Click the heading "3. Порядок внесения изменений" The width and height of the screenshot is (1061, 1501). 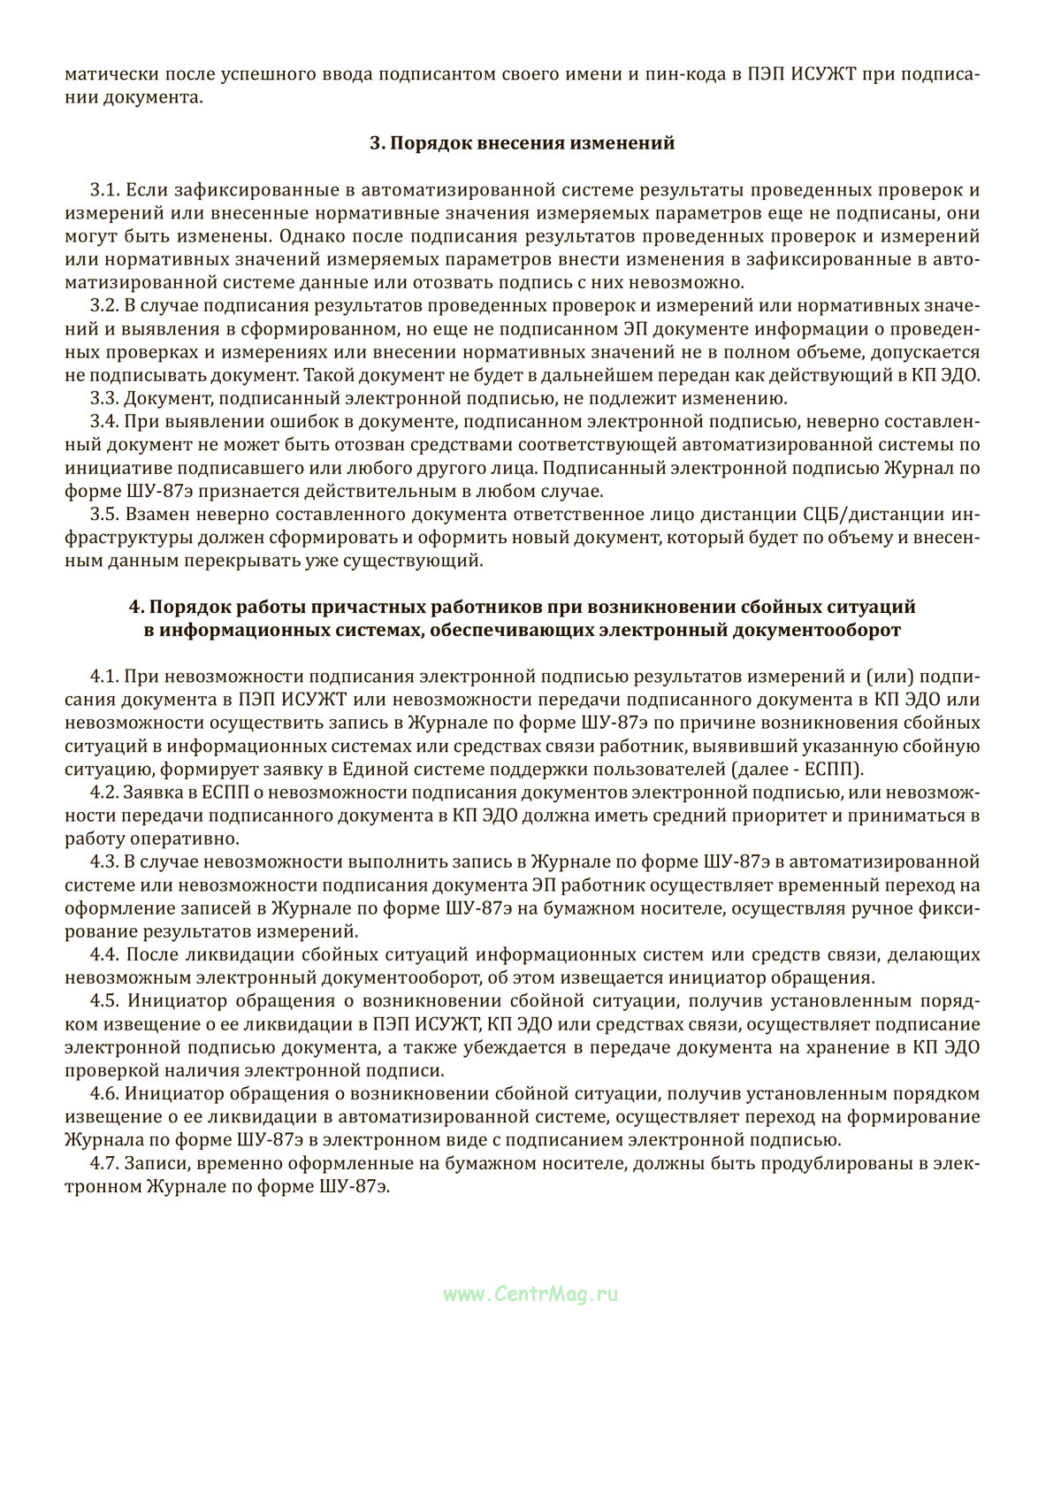(x=522, y=143)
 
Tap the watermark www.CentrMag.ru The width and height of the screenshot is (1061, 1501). (x=530, y=1294)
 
